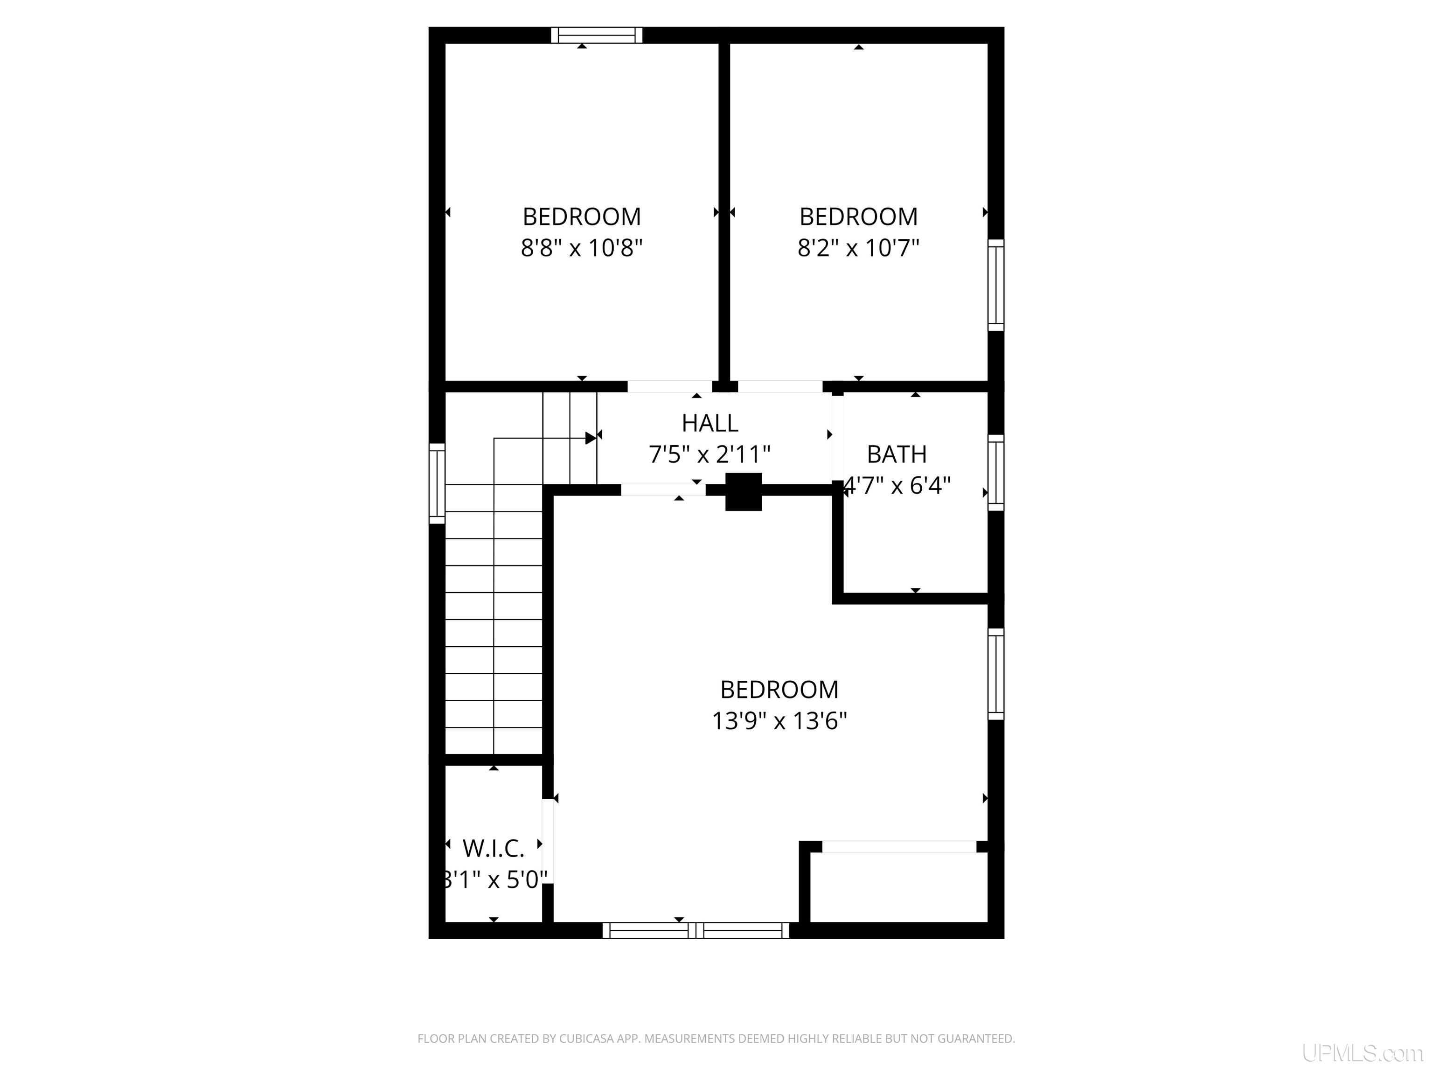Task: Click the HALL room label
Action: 710,423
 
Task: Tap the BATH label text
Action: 897,454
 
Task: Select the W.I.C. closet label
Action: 493,848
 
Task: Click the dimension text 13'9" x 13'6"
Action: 779,720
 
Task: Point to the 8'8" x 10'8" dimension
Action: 582,248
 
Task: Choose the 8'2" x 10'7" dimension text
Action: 858,248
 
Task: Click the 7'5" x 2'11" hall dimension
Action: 710,454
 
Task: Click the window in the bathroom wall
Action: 996,472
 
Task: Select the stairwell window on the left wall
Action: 437,483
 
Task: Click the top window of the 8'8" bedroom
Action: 597,35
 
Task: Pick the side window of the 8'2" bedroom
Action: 996,285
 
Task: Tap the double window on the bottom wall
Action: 696,930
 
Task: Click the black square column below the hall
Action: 743,492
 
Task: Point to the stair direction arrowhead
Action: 591,438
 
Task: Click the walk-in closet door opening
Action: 548,842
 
